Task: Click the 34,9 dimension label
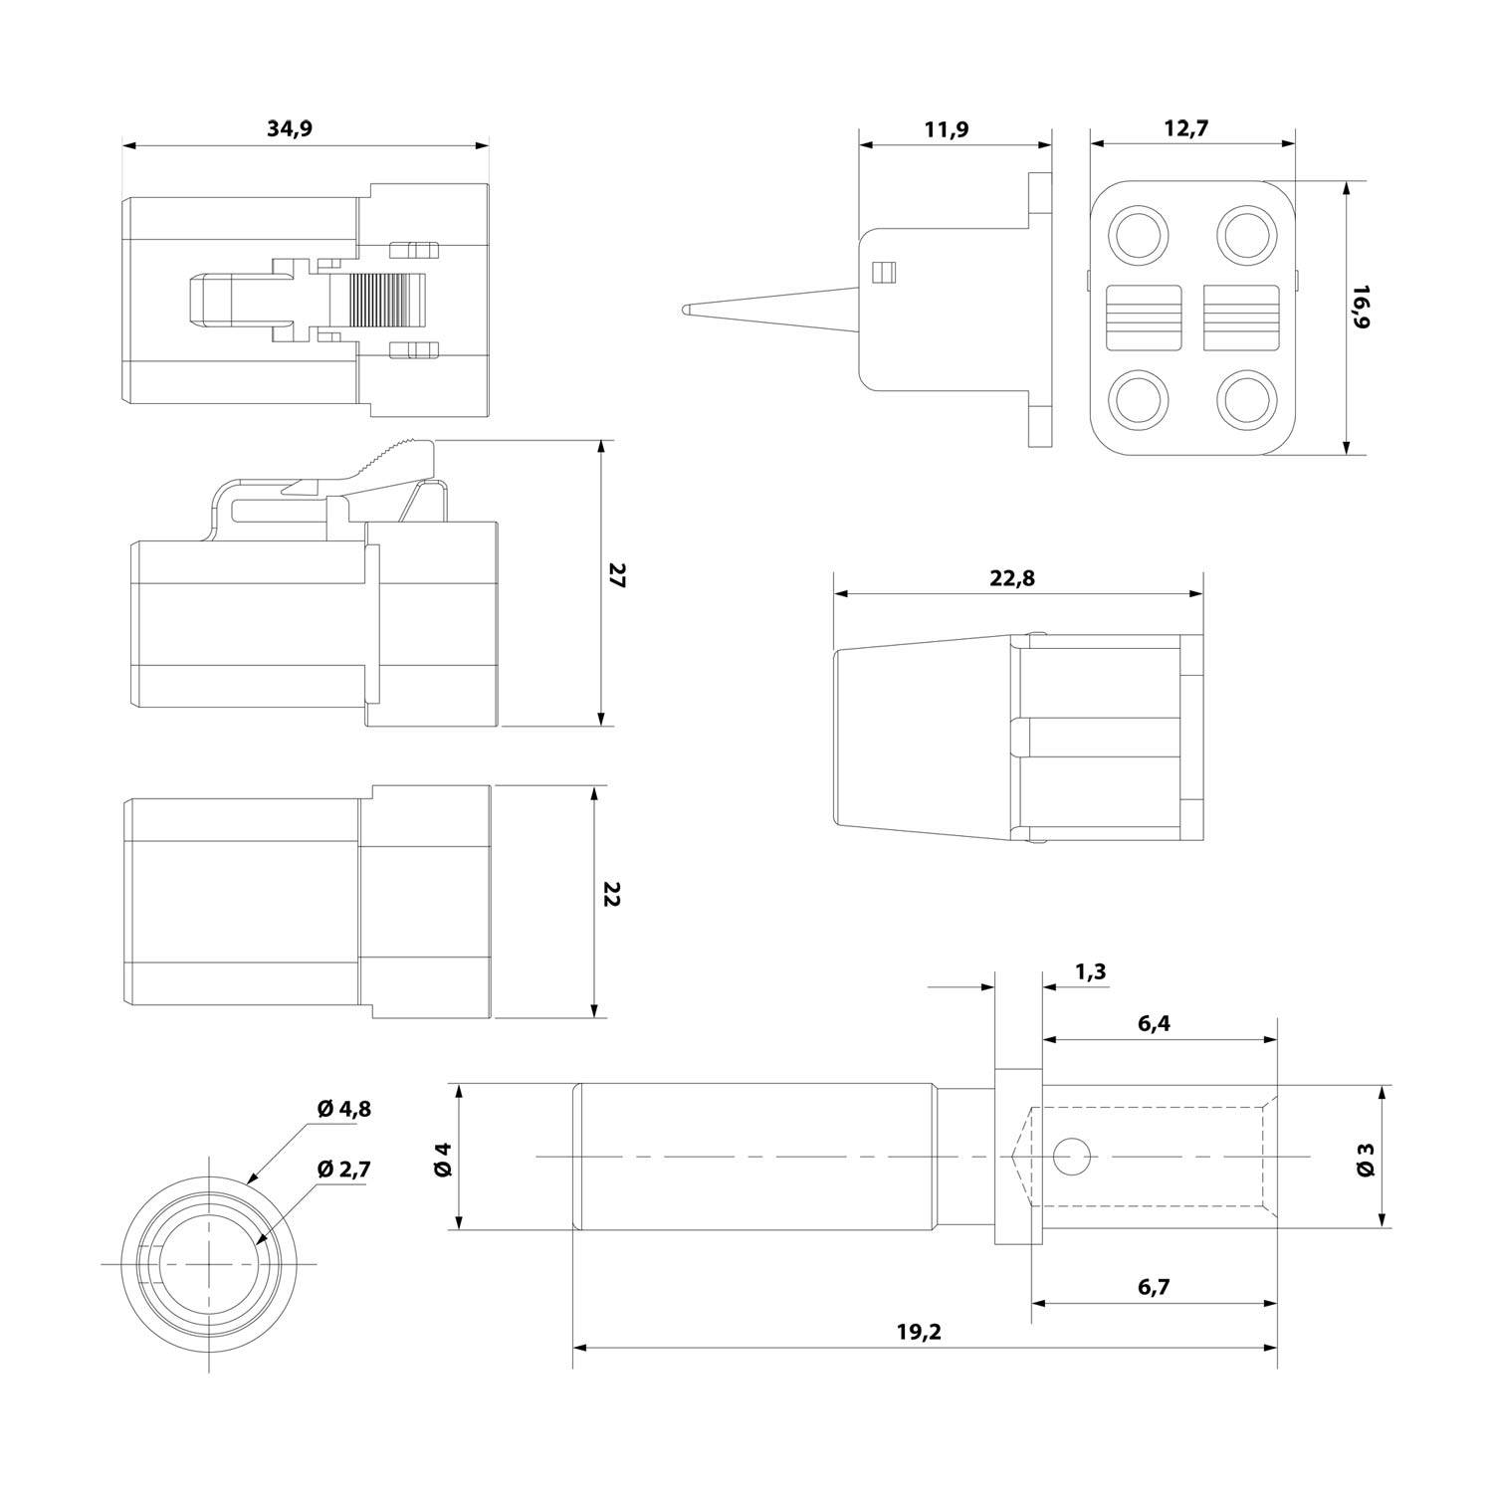(291, 128)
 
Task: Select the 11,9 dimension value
(947, 128)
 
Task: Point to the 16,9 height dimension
(1361, 307)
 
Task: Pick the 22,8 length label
(1012, 577)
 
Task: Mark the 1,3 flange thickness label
(1091, 972)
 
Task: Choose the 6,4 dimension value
(1153, 1023)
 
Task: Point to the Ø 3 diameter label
(1366, 1159)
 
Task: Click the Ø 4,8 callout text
(343, 1108)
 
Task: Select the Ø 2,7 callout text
(343, 1169)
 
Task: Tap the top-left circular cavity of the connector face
(1139, 236)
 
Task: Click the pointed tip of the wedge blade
(686, 310)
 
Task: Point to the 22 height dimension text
(611, 894)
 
